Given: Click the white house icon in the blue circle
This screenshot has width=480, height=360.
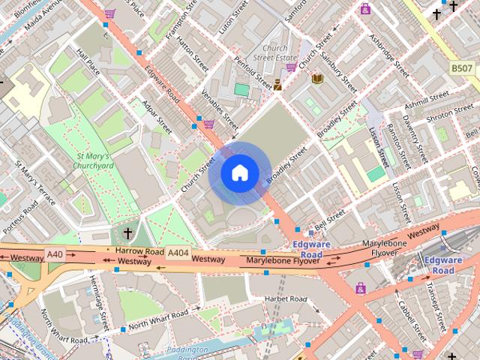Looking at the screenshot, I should pyautogui.click(x=239, y=173).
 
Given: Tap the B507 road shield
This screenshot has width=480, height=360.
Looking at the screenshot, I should pyautogui.click(x=462, y=68).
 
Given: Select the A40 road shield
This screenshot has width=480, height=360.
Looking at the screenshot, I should pyautogui.click(x=55, y=254).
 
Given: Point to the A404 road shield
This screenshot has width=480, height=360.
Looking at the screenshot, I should pyautogui.click(x=178, y=253).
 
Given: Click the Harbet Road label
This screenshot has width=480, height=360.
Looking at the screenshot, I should pyautogui.click(x=286, y=299).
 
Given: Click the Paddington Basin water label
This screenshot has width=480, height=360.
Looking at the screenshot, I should pyautogui.click(x=187, y=353).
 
